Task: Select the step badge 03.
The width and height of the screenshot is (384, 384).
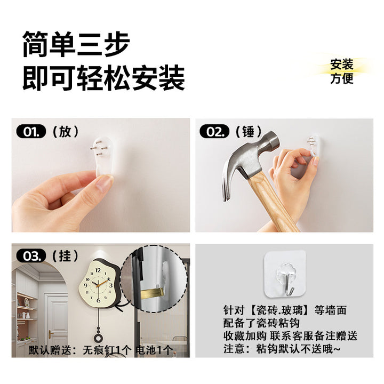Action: (31, 256)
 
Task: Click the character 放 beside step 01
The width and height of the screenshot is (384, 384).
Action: (66, 132)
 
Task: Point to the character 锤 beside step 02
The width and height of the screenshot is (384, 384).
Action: (249, 132)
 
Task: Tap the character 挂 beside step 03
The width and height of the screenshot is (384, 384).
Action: (66, 256)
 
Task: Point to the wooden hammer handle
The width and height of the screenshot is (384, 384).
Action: (272, 201)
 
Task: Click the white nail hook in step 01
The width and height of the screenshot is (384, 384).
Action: (103, 156)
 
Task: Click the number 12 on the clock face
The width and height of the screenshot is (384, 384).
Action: (98, 270)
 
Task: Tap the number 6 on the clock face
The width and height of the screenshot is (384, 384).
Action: (99, 300)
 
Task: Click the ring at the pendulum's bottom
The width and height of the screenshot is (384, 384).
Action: (99, 339)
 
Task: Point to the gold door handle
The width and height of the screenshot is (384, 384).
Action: (51, 334)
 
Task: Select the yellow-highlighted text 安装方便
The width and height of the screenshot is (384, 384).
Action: (342, 71)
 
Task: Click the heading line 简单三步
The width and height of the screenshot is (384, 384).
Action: (76, 44)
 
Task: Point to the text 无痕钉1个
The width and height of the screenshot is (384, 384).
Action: (107, 350)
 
